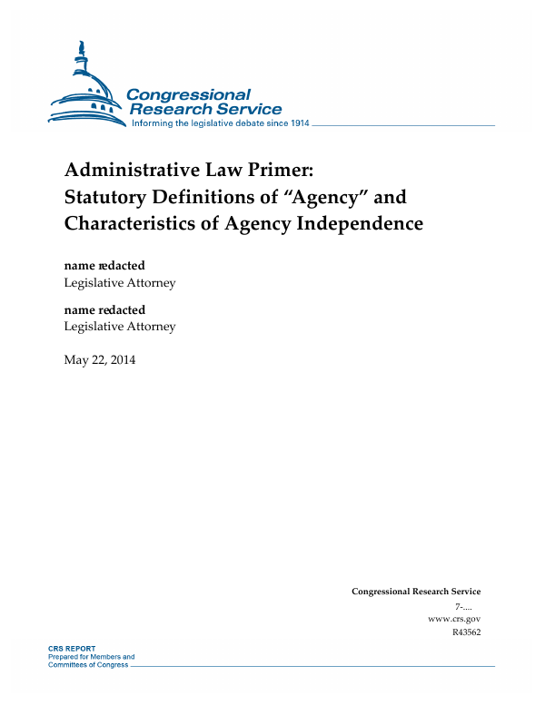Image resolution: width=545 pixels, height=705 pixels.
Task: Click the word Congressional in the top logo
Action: coord(188,94)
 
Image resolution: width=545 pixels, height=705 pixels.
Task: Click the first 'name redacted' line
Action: coord(104,266)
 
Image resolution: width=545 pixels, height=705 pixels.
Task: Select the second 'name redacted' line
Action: coord(104,310)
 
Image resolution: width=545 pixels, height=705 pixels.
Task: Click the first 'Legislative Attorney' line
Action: coord(120,282)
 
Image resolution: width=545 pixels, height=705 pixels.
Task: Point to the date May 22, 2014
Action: coord(100,360)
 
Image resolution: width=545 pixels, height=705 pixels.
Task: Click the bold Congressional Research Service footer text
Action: coord(416,592)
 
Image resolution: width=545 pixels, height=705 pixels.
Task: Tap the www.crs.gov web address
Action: coord(453,618)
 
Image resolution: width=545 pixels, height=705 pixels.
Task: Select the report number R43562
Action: coord(466,632)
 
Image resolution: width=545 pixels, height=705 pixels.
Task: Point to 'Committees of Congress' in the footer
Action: coord(88,664)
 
